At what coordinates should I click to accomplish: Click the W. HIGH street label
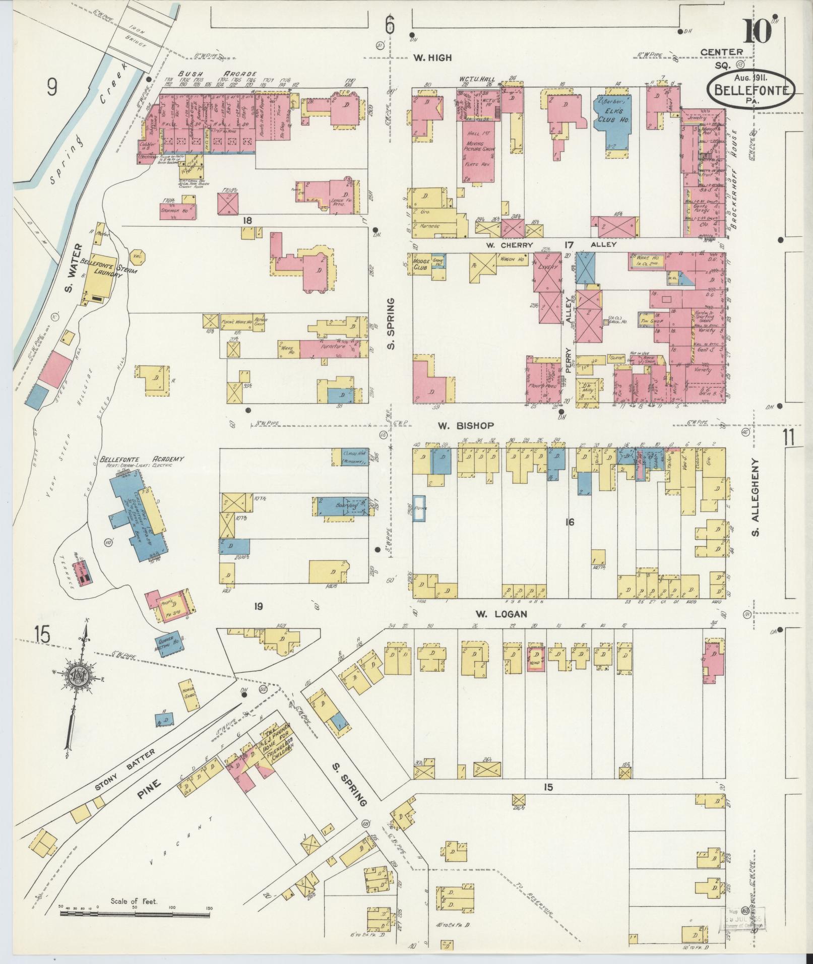432,58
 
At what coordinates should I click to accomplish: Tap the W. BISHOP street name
459,426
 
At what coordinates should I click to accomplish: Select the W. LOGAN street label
502,614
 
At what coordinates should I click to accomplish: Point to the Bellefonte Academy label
142,459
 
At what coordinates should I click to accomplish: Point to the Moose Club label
420,263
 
